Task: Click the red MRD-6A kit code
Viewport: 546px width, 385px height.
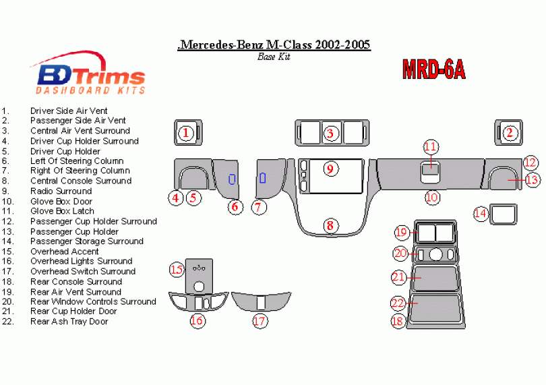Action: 433,69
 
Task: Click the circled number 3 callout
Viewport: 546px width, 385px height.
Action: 330,133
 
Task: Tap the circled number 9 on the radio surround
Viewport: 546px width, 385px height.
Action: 330,169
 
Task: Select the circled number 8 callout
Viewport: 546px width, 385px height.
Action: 330,225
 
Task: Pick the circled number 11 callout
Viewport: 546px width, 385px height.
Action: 431,148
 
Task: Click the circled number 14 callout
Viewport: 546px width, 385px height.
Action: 481,214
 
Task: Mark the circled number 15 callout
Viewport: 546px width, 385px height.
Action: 177,270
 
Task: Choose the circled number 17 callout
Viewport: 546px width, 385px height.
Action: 260,321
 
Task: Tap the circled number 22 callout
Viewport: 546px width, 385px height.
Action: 398,303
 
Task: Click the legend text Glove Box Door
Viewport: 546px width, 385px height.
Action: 61,201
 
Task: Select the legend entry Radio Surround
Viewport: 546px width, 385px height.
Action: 61,191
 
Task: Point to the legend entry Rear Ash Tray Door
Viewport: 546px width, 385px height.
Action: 69,322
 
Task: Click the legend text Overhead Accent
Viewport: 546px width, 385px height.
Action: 65,251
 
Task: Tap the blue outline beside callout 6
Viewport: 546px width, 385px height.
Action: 232,180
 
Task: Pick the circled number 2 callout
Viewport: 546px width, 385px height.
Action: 510,133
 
